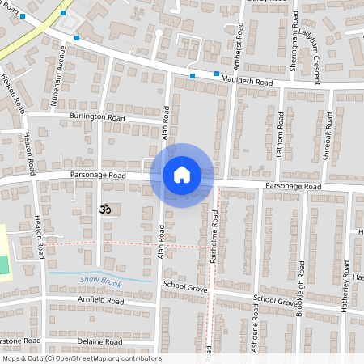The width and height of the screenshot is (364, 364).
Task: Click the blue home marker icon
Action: [182, 175]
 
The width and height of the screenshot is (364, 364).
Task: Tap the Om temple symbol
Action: [103, 209]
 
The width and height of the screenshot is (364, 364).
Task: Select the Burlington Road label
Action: [97, 117]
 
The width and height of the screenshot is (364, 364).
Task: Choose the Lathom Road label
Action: [280, 133]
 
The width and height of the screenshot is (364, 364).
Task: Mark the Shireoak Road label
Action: [328, 133]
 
